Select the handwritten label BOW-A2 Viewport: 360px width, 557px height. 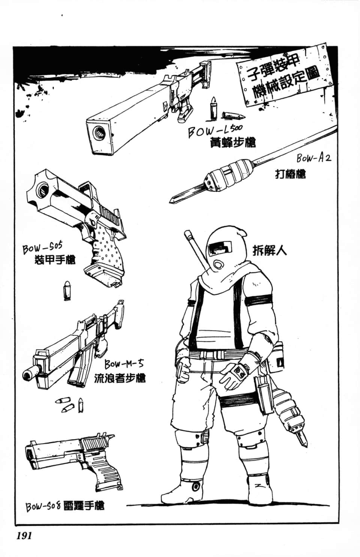[x=313, y=158]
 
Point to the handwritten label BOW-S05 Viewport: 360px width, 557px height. [x=42, y=248]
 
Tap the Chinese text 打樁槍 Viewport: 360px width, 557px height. [x=290, y=174]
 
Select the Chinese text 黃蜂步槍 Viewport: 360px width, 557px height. [x=233, y=143]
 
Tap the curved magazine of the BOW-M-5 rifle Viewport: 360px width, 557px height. [x=77, y=372]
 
